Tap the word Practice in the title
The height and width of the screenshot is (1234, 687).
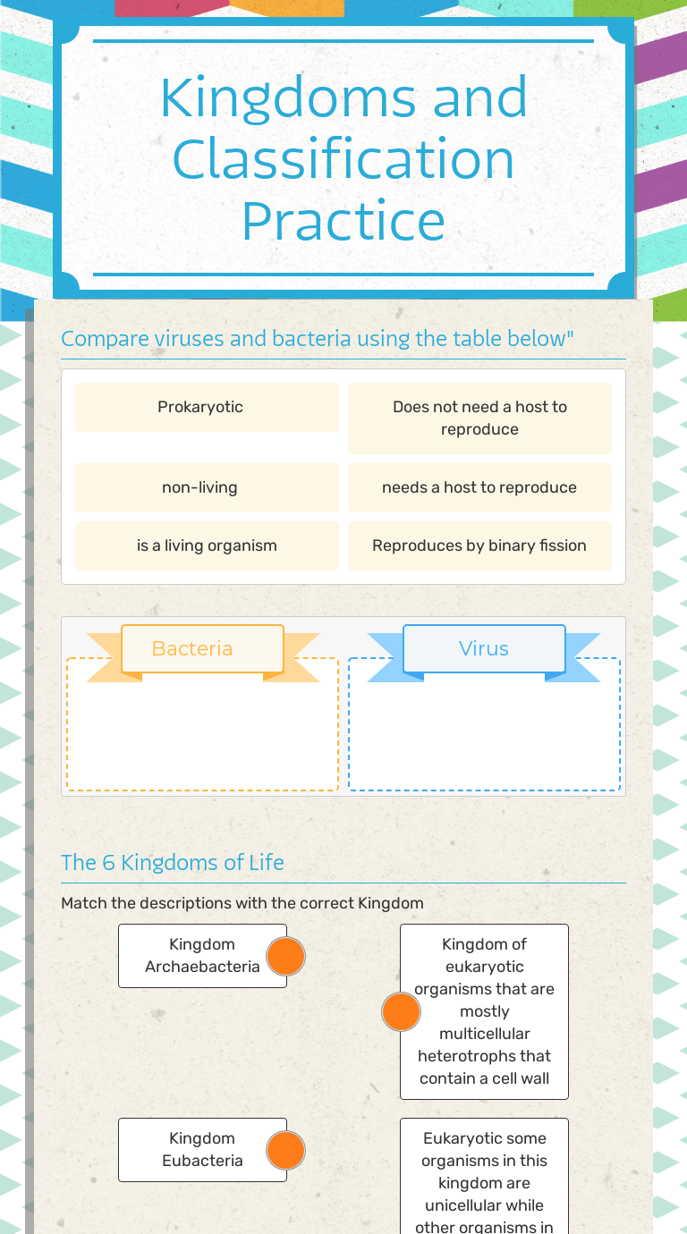click(x=343, y=220)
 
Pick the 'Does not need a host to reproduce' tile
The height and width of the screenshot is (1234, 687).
click(x=479, y=418)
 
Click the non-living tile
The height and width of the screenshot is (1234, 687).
click(x=200, y=487)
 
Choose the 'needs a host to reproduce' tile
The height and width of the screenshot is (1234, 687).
click(x=479, y=487)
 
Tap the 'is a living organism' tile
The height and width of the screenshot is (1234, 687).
click(x=207, y=545)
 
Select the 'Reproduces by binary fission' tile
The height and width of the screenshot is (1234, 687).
click(x=479, y=545)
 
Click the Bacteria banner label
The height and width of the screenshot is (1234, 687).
click(x=192, y=648)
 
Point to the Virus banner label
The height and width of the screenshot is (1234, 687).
click(x=484, y=648)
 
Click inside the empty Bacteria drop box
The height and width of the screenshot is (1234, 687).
click(x=202, y=733)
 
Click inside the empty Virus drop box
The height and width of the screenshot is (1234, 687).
click(x=484, y=733)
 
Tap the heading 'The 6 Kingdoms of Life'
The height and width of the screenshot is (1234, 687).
click(x=173, y=862)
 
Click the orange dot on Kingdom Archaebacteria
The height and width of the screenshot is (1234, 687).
click(x=286, y=956)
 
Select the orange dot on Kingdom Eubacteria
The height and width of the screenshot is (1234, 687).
click(x=286, y=1150)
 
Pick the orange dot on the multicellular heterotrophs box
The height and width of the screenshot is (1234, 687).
click(x=401, y=1011)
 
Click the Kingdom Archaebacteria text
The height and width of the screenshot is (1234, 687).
click(x=202, y=955)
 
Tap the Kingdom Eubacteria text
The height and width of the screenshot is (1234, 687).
click(x=202, y=1149)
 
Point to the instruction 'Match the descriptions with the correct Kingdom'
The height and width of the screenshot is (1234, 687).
click(x=242, y=903)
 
